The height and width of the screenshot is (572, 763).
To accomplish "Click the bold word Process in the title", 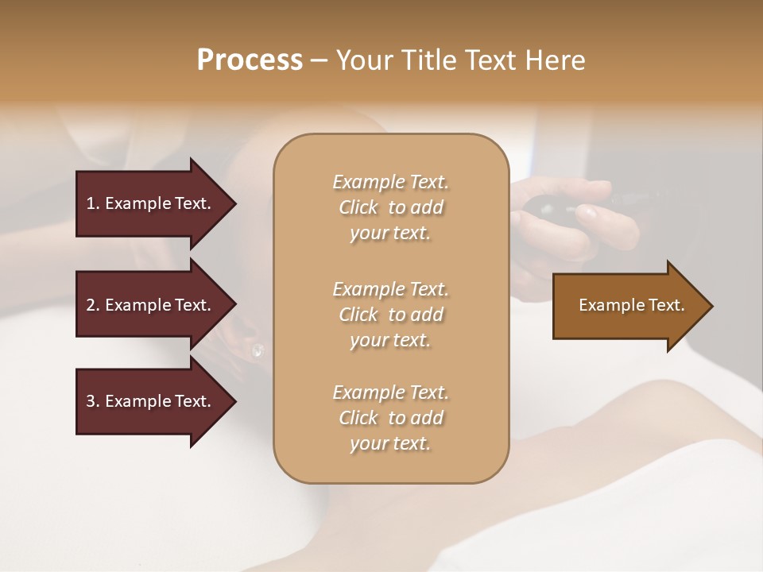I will (x=250, y=60).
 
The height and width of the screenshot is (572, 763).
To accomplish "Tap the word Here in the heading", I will (x=554, y=60).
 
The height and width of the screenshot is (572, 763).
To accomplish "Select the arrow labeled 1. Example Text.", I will (x=151, y=203).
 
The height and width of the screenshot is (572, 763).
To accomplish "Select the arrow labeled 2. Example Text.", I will (x=151, y=305).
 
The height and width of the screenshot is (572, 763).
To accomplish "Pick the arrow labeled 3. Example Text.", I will (x=151, y=401).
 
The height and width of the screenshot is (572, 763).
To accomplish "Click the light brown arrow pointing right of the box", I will (x=628, y=306).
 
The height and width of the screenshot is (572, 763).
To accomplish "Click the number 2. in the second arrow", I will (x=92, y=305).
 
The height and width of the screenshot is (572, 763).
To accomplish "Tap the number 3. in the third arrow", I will (x=92, y=401).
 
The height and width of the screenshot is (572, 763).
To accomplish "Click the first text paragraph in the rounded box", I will (x=390, y=207).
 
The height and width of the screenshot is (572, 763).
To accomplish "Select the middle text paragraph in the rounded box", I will (x=390, y=314).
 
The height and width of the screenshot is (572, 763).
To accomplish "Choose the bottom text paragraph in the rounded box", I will (x=390, y=418).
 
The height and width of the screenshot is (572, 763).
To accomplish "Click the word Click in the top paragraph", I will (x=358, y=207).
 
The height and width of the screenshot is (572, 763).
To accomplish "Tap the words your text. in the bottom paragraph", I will (x=390, y=444).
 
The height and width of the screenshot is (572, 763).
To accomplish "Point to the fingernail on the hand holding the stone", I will (x=587, y=212).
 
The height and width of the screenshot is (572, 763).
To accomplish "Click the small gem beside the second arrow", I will (x=257, y=350).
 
